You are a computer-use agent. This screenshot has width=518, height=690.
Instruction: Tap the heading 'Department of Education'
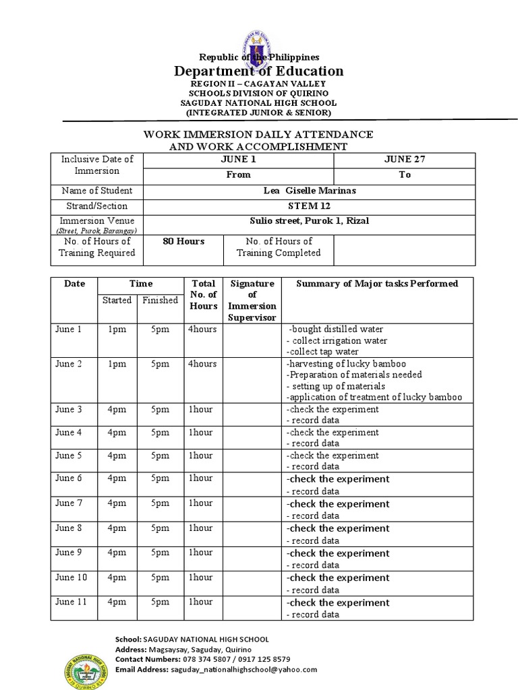[259, 71]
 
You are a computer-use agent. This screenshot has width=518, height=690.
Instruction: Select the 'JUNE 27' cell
[404, 160]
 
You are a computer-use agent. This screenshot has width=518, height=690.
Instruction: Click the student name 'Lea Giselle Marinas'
[310, 191]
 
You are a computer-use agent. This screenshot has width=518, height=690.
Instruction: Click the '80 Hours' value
[183, 241]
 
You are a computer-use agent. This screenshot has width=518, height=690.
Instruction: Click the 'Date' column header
[75, 284]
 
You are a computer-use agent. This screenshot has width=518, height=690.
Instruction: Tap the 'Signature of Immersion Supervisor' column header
[253, 300]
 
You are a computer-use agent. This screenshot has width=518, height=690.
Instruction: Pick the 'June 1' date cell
[68, 330]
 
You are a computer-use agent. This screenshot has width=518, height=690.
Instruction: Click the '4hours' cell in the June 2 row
[203, 364]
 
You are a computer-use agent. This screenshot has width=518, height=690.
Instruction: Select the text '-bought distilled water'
[336, 330]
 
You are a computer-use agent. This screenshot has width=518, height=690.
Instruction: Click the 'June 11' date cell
[71, 602]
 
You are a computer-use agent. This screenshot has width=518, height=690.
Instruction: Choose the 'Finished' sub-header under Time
[160, 301]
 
